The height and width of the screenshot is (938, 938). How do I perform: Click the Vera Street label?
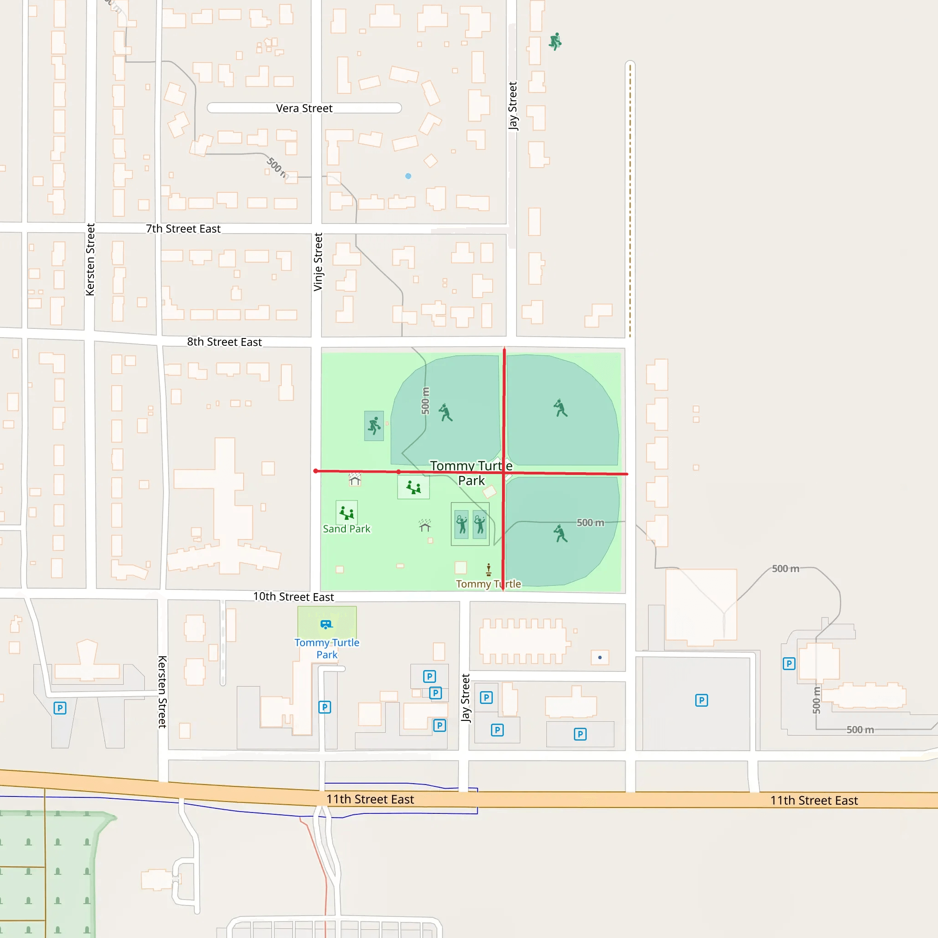pyautogui.click(x=304, y=108)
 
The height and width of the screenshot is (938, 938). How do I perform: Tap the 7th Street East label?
pyautogui.click(x=183, y=229)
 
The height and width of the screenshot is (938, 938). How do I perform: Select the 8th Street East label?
pyautogui.click(x=224, y=342)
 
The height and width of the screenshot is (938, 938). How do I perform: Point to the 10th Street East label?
pyautogui.click(x=293, y=597)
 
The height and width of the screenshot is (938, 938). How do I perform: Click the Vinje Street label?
pyautogui.click(x=318, y=262)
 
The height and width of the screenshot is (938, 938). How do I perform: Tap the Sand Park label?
pyautogui.click(x=346, y=529)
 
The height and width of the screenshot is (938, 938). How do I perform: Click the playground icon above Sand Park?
pyautogui.click(x=347, y=513)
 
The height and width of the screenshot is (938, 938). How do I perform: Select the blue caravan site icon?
pyautogui.click(x=326, y=624)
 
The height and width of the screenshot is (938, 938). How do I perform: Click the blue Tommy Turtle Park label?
pyautogui.click(x=327, y=648)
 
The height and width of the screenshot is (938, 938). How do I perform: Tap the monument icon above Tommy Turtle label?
pyautogui.click(x=488, y=569)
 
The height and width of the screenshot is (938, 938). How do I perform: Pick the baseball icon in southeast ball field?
pyautogui.click(x=561, y=533)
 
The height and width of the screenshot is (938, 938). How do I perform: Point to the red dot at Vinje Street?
pyautogui.click(x=316, y=471)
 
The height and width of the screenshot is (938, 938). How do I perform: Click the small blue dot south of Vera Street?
pyautogui.click(x=408, y=176)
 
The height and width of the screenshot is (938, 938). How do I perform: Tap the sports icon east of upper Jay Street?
pyautogui.click(x=555, y=42)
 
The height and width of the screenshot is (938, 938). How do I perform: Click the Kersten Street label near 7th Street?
pyautogui.click(x=90, y=259)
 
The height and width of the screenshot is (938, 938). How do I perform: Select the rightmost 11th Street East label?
pyautogui.click(x=814, y=801)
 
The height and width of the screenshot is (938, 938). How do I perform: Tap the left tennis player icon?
pyautogui.click(x=462, y=524)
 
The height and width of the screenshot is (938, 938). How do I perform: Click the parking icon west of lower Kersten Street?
pyautogui.click(x=60, y=708)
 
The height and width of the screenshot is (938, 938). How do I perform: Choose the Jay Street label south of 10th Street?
pyautogui.click(x=466, y=698)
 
